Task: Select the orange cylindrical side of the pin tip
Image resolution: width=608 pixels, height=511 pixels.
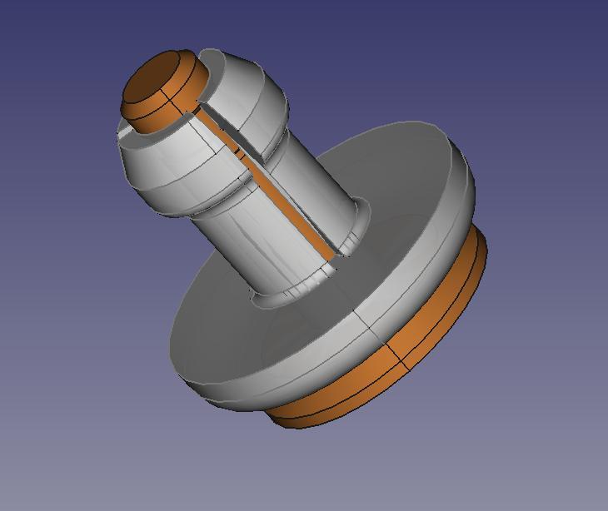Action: [158, 117]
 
